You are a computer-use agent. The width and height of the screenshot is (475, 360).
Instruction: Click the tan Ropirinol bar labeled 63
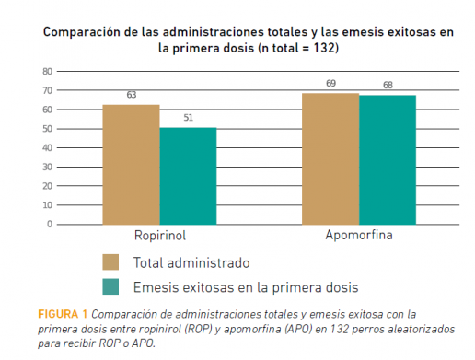(x=131, y=164)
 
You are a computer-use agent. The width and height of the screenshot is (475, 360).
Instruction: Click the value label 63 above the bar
(x=131, y=95)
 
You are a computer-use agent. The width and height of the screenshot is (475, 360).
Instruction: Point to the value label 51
(x=188, y=118)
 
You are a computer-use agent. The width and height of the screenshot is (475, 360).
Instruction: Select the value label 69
(x=330, y=84)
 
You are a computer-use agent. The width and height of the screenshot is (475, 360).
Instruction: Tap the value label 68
(x=388, y=86)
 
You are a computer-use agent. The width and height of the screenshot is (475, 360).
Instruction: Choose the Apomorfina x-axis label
(x=359, y=236)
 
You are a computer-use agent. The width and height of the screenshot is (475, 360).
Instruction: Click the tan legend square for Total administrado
(x=110, y=261)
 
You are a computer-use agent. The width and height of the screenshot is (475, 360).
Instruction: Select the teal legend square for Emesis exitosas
(x=110, y=285)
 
